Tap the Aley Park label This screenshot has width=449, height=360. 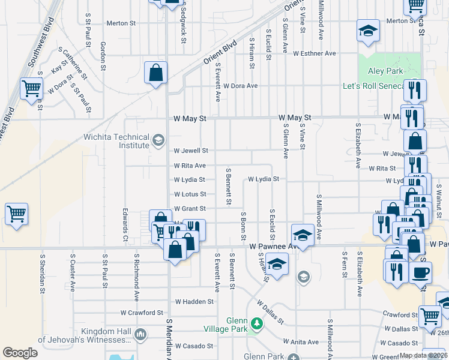pyautogui.click(x=384, y=71)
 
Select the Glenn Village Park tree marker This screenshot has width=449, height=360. pyautogui.click(x=258, y=324)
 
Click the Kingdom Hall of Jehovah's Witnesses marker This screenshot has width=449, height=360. pyautogui.click(x=142, y=334)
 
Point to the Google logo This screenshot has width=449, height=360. pyautogui.click(x=20, y=353)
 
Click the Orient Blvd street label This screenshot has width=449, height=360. pyautogui.click(x=220, y=53)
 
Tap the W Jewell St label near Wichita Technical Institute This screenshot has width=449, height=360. pyautogui.click(x=191, y=151)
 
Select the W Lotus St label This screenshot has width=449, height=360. pyautogui.click(x=190, y=194)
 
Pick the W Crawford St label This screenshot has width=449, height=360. pyautogui.click(x=142, y=313)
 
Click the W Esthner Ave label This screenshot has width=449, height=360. pyautogui.click(x=315, y=53)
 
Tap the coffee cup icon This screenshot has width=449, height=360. pyautogui.click(x=420, y=272)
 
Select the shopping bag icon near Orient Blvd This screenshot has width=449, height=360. pyautogui.click(x=156, y=73)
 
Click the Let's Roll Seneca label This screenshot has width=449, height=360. pyautogui.click(x=373, y=86)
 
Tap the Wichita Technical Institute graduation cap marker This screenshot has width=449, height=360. pyautogui.click(x=158, y=141)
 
